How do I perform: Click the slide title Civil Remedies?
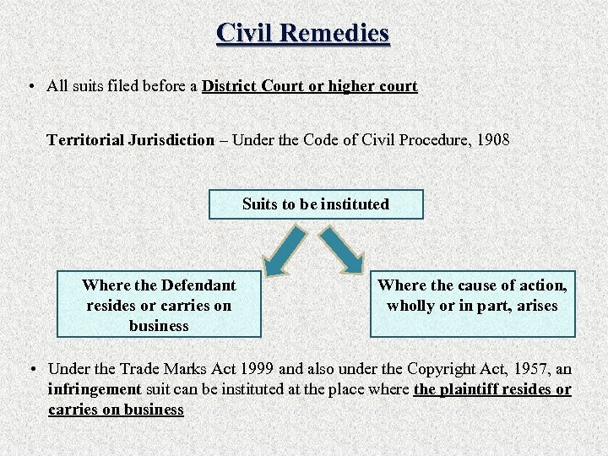303,32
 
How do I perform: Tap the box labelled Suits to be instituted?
316,204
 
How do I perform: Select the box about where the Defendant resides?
159,305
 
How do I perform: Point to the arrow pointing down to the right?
342,250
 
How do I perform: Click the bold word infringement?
94,389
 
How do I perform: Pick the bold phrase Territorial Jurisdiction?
131,139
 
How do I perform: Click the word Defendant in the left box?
198,285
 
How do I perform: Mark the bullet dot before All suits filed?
31,86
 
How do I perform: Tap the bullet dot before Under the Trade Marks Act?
31,369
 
